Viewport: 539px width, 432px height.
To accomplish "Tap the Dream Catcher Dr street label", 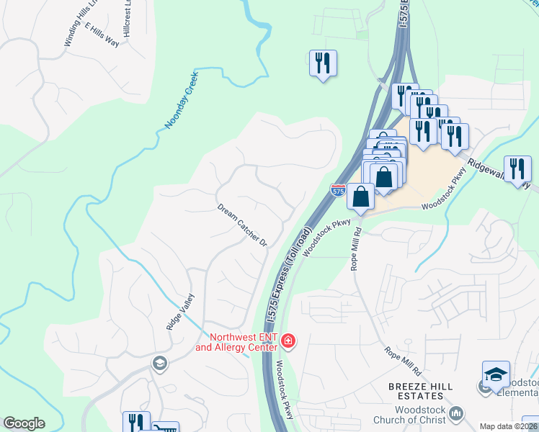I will tap(242, 225).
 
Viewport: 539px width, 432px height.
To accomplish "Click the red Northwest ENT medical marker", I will tap(288, 341).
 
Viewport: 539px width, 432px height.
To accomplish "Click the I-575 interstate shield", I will tap(337, 191).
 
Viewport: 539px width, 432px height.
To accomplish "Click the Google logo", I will tap(24, 423).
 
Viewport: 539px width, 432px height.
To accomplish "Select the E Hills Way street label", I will tap(102, 35).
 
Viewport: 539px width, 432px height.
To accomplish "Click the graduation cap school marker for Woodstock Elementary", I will tap(496, 374).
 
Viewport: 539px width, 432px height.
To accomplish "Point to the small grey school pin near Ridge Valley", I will tap(159, 364).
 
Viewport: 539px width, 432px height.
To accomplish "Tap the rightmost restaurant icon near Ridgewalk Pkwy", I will tap(517, 169).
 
